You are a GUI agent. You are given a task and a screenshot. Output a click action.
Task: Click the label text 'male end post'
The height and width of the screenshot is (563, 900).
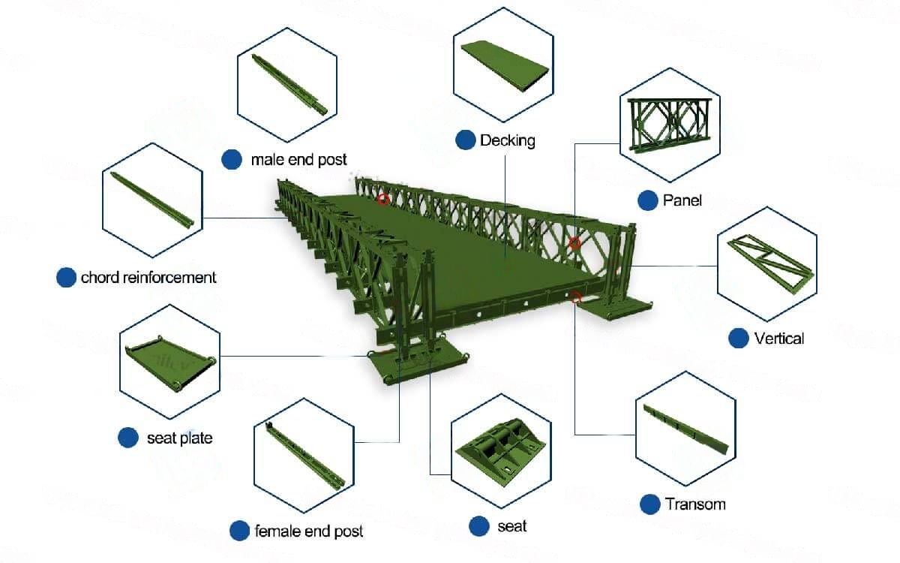coord(298,160)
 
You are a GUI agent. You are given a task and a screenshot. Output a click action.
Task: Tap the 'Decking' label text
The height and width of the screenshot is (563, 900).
coord(508,140)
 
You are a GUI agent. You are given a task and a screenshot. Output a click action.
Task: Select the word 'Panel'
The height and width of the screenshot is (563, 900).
coord(682,200)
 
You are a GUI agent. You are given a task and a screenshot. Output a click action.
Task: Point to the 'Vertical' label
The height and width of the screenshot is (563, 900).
coord(779,339)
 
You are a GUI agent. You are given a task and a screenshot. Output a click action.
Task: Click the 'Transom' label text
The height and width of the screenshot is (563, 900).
coord(695,504)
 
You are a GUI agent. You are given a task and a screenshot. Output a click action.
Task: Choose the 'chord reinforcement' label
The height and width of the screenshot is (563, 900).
coord(148,278)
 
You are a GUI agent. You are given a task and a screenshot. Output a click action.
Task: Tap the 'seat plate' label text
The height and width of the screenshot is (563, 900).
coord(179,438)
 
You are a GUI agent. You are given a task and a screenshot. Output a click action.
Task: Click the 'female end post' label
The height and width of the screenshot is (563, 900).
coord(308,531)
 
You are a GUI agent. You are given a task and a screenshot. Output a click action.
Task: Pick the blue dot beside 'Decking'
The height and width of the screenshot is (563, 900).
coord(466,140)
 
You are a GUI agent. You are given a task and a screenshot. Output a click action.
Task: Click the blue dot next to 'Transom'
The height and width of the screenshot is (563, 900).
coord(650,504)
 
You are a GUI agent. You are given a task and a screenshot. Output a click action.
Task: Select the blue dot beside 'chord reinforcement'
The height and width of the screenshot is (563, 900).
coord(66,278)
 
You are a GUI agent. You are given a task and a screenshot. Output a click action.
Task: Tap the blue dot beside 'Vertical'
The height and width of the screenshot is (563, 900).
coord(739,339)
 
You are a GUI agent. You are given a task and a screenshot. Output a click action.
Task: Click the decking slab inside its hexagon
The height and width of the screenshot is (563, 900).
coord(505,65)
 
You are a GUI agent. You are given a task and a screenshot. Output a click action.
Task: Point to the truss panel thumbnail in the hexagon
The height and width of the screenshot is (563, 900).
coord(669,125)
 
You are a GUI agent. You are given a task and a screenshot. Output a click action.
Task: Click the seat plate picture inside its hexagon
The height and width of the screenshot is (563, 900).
coord(171,363)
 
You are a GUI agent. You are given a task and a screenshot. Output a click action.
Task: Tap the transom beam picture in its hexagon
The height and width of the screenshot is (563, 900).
coord(685,429)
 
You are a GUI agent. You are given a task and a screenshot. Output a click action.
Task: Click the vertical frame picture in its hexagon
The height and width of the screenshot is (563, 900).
coord(770,263)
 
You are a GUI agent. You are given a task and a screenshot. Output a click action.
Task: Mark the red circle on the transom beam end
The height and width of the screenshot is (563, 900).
coord(575,298)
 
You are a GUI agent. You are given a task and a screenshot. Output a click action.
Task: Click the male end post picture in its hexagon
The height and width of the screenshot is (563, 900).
coord(289,84)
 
